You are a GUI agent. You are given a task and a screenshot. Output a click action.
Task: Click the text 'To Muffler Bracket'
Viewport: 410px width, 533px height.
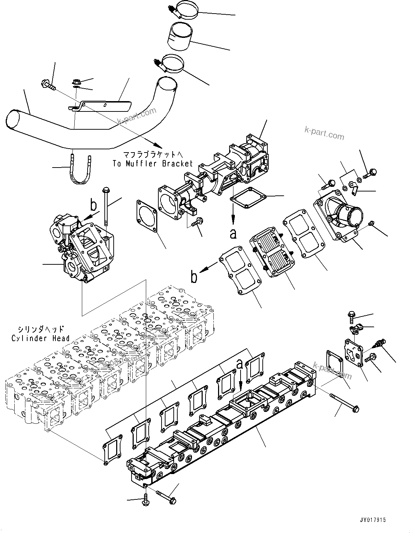153,164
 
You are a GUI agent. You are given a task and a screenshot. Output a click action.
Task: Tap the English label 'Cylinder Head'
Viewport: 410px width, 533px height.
40,338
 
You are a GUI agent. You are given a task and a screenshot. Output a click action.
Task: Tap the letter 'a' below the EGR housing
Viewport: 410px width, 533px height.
233,234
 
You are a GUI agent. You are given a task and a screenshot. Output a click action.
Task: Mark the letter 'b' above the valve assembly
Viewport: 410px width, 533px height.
93,205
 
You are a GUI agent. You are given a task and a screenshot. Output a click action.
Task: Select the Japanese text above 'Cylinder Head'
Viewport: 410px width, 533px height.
40,329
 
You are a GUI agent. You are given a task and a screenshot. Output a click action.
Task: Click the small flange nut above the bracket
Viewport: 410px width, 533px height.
76,81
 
